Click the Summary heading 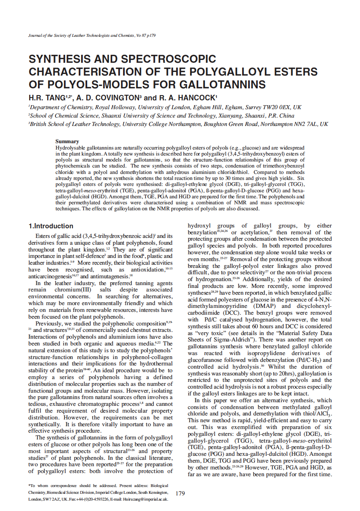pyautogui.click(x=67, y=141)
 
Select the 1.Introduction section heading pyautogui.click(x=51, y=226)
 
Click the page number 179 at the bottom pyautogui.click(x=180, y=493)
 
